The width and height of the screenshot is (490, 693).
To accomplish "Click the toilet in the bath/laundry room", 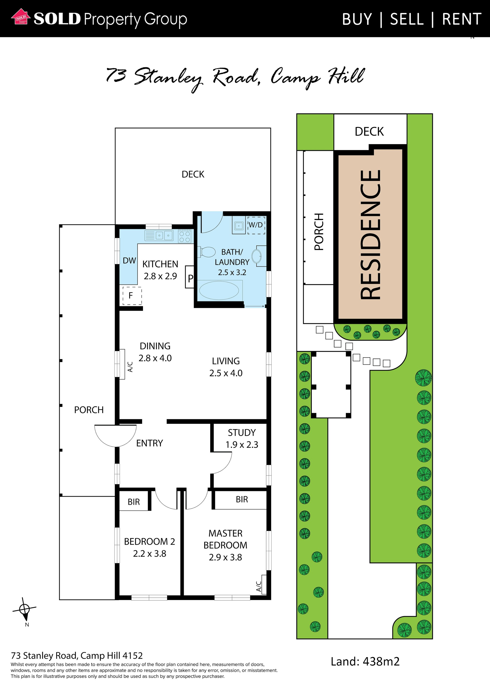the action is [206, 252].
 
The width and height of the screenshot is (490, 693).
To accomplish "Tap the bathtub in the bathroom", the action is [220, 290].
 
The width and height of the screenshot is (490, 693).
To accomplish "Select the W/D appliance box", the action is [256, 225].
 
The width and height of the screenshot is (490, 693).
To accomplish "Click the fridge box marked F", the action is [132, 295].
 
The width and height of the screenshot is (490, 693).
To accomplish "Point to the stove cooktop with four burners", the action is [185, 236].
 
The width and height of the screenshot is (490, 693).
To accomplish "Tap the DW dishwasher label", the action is [129, 261].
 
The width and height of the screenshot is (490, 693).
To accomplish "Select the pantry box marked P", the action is [189, 277].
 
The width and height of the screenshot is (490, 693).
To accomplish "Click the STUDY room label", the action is [242, 432].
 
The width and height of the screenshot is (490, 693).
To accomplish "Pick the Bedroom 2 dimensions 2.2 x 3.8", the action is [149, 553].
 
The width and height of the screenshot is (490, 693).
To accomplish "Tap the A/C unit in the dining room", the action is [122, 364].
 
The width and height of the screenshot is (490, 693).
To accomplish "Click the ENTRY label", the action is [149, 443].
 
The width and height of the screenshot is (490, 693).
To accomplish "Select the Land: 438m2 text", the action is [365, 662].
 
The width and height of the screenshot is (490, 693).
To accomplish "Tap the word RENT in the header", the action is [462, 19].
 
